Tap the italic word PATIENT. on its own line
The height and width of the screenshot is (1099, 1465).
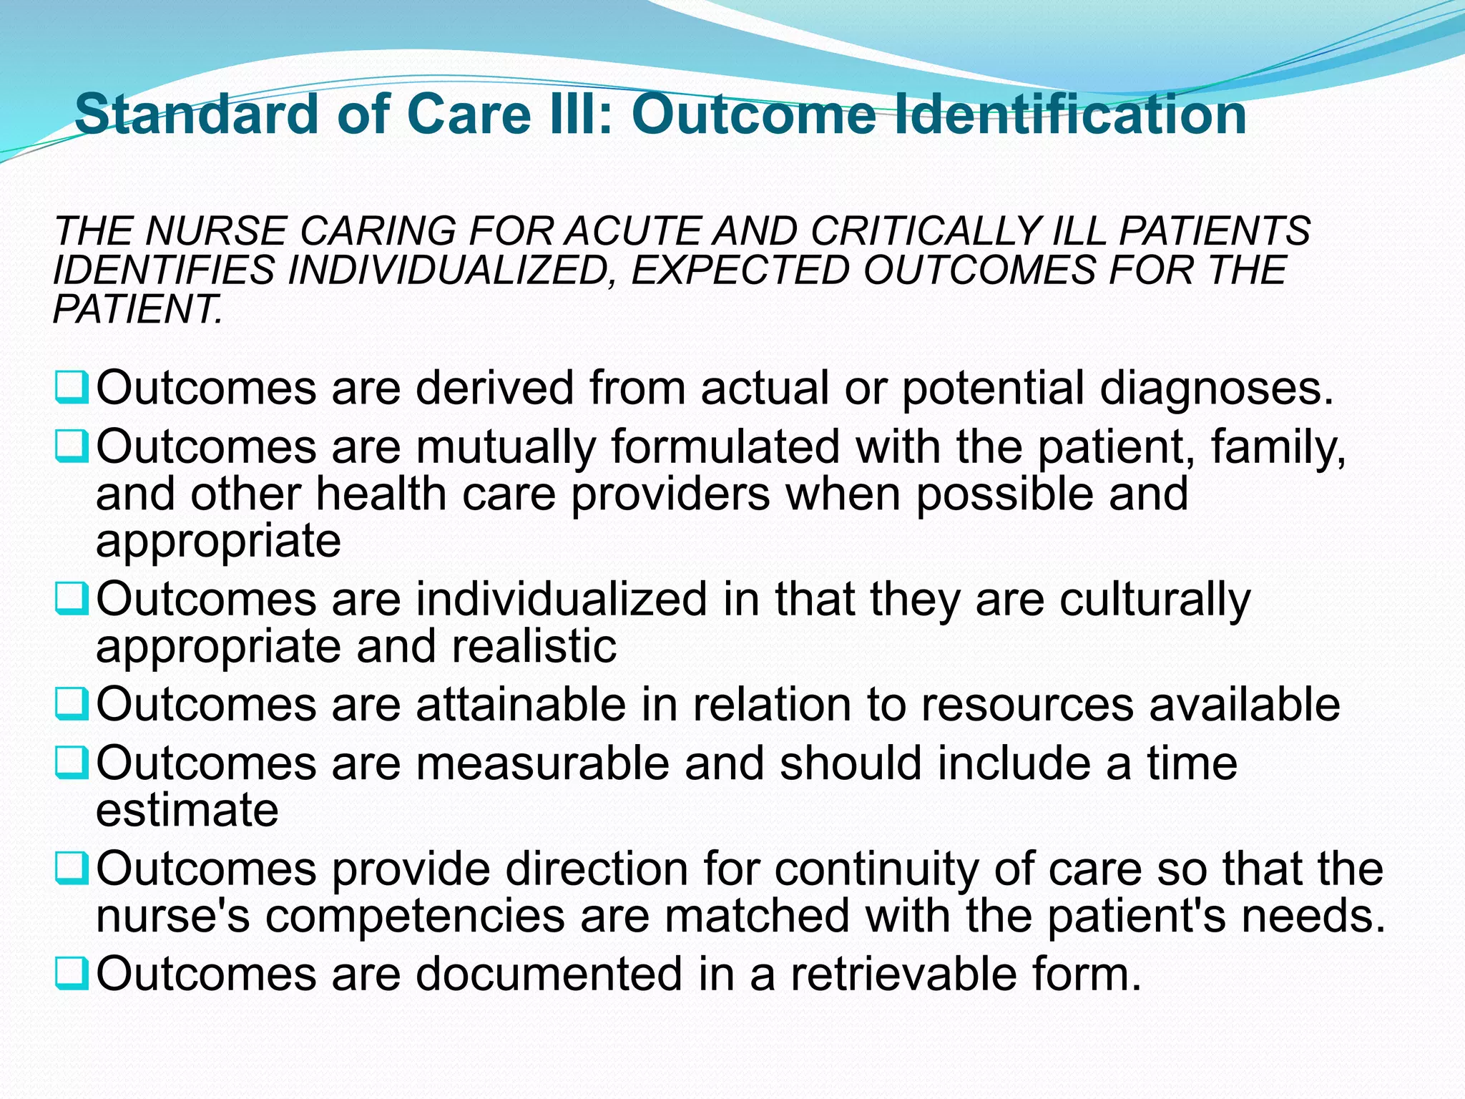[x=138, y=309]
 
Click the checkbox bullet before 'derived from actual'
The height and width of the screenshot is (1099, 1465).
[x=72, y=386]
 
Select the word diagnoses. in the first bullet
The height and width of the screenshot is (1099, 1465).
[x=1216, y=389]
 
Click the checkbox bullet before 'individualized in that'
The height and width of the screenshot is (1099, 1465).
[x=72, y=598]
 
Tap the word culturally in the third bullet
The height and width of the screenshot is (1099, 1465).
[x=1155, y=600]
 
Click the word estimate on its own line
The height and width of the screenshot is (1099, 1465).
[x=187, y=810]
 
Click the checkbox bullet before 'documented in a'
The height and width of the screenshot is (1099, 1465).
[x=72, y=973]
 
